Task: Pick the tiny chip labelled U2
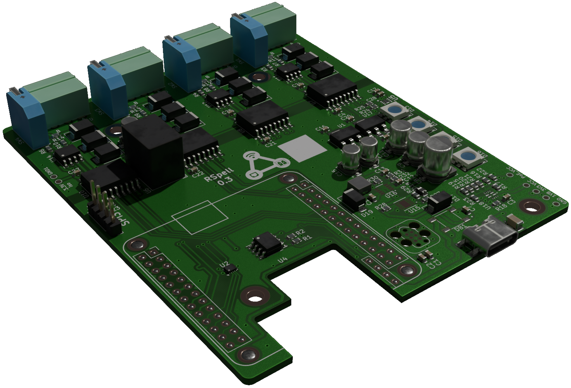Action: (230, 268)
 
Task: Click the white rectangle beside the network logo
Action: (303, 148)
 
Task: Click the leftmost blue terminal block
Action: (27, 116)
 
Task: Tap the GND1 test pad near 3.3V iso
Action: (58, 181)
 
